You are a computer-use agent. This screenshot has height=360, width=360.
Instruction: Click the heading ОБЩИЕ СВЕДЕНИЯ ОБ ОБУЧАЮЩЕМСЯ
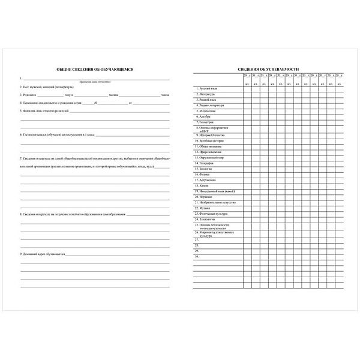pyautogui.click(x=95, y=70)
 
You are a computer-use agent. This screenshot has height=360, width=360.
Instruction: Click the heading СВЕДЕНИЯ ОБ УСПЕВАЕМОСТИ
pyautogui.click(x=268, y=70)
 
